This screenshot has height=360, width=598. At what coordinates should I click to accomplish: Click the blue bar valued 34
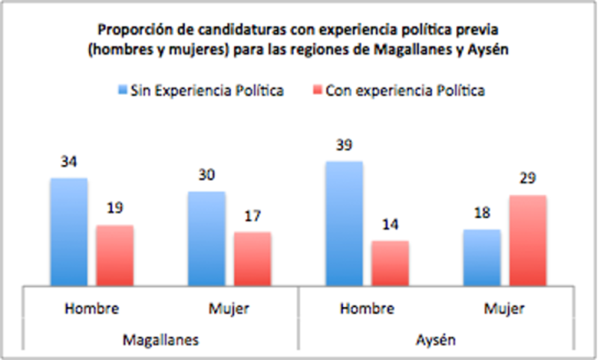(69, 232)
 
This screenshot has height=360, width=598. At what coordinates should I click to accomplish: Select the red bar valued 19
(114, 255)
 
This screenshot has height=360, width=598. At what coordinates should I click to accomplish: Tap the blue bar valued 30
(207, 238)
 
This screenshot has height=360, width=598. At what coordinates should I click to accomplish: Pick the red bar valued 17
(253, 258)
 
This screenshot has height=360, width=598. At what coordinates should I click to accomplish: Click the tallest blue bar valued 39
(344, 223)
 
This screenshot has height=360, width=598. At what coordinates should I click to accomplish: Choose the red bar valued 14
(390, 263)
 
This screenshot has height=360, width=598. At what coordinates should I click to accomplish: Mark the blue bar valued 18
(482, 257)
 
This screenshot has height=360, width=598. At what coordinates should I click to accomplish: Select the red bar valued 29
(528, 240)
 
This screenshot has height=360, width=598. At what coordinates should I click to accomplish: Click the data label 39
(344, 145)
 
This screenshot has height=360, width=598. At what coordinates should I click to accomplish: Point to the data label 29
(528, 179)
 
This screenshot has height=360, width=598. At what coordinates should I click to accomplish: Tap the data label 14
(390, 225)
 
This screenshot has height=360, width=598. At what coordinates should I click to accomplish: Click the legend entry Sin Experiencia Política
(200, 91)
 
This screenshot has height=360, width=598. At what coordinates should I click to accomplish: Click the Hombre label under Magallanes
(92, 308)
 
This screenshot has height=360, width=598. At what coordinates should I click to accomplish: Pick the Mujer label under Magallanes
(230, 308)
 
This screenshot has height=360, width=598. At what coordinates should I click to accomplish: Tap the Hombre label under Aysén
(367, 308)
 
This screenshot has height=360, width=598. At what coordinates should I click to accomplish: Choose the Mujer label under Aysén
(505, 308)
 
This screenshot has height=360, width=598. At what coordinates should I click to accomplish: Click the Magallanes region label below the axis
(161, 340)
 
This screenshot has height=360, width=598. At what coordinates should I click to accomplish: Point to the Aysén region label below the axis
(436, 340)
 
